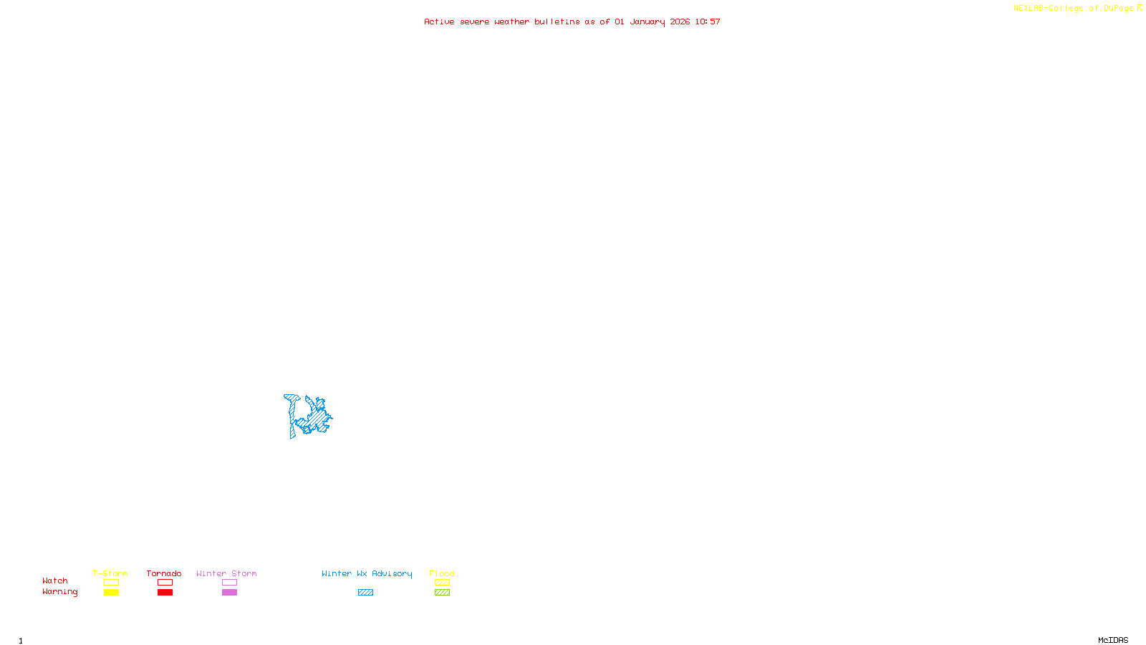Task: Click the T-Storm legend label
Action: [110, 573]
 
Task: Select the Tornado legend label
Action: [164, 573]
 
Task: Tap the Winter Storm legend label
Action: [226, 573]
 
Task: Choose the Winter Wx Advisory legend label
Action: [367, 573]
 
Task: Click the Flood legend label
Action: [442, 573]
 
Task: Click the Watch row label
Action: [55, 580]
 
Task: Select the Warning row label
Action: [60, 592]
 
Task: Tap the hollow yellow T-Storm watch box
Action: [111, 583]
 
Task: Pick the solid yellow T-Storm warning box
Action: [111, 593]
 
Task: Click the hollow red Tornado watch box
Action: [165, 583]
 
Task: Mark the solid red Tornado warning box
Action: [165, 593]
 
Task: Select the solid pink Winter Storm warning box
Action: [229, 593]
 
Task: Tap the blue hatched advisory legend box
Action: [365, 593]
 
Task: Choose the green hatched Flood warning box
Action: [442, 593]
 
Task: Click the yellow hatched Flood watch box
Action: [442, 583]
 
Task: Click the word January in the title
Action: [647, 21]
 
